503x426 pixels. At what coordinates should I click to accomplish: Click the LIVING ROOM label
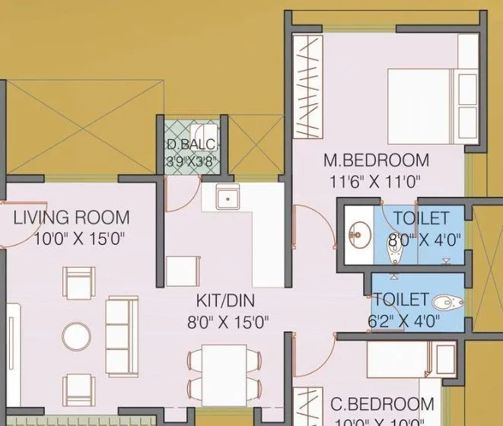(72, 218)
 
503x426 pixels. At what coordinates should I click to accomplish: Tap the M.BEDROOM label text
(376, 161)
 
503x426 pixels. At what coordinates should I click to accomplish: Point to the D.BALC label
(191, 145)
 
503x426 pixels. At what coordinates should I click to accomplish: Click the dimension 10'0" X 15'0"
(79, 239)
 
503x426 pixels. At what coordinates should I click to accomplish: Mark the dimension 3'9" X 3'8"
(192, 161)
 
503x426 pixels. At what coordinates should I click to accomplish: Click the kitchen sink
(227, 199)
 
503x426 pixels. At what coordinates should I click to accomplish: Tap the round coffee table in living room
(78, 335)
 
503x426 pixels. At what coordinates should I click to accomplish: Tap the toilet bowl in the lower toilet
(450, 303)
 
